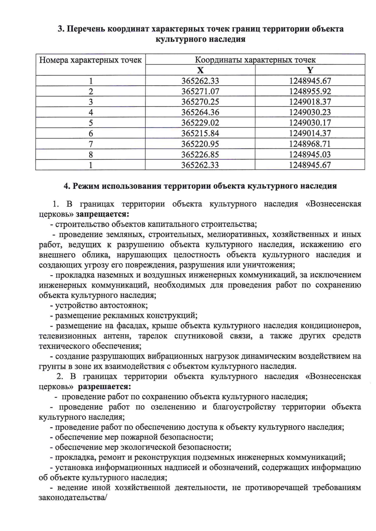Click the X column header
[x=200, y=70]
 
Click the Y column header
[x=310, y=70]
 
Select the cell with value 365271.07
[x=200, y=91]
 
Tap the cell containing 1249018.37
[x=310, y=102]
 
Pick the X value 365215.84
[x=200, y=133]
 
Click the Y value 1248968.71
[x=310, y=144]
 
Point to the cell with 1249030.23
[x=310, y=112]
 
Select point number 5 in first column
[x=91, y=123]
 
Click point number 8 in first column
[x=91, y=155]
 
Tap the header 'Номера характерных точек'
[x=91, y=60]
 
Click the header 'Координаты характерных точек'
[x=255, y=60]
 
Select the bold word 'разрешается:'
[x=104, y=386]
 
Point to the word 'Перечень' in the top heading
[x=86, y=29]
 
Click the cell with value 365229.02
[x=200, y=123]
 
